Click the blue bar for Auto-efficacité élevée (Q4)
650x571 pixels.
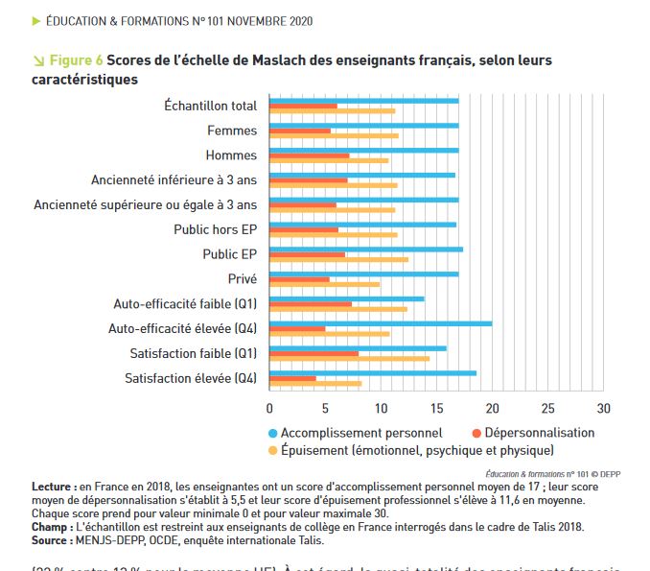[381, 323]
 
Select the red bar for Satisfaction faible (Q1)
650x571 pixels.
[314, 353]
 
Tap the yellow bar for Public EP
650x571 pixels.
[339, 260]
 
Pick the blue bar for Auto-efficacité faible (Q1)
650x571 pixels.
[347, 298]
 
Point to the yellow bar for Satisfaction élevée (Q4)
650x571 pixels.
[315, 384]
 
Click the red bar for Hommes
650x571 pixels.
[310, 155]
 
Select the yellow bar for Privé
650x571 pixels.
[325, 284]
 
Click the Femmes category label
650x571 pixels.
[232, 131]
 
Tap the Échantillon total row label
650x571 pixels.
[211, 106]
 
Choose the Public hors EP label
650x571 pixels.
[215, 229]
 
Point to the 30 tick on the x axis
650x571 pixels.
[603, 408]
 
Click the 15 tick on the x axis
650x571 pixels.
[436, 408]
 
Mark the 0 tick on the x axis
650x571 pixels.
[269, 408]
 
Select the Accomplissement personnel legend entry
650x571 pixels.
[361, 433]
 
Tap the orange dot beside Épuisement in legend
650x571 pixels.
[272, 449]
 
